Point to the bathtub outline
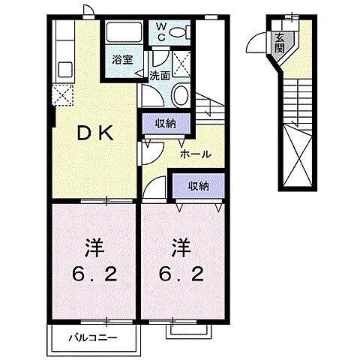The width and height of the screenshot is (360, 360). point(124,33)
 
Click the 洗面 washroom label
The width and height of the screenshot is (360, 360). point(159,75)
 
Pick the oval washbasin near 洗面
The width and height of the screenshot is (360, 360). point(179,96)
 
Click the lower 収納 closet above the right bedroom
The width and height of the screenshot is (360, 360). point(198,185)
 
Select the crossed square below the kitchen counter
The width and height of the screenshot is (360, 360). point(61,94)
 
